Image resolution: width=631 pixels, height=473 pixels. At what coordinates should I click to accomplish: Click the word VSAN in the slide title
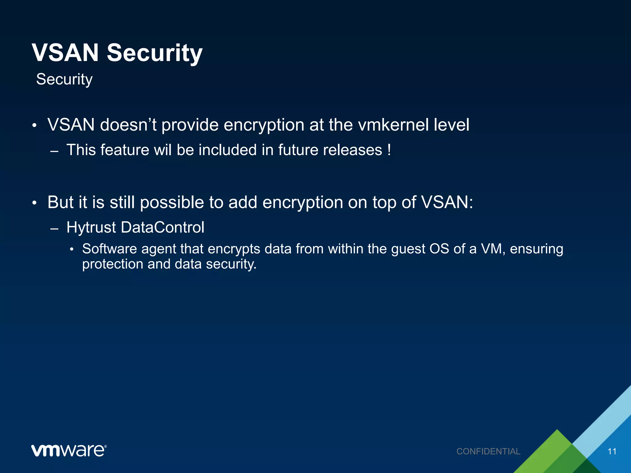[x=65, y=53]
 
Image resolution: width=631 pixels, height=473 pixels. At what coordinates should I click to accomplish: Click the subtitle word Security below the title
[x=64, y=79]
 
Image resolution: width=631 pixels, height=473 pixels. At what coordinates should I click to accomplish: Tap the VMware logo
[x=69, y=451]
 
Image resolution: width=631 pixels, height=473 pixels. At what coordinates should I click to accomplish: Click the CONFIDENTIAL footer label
[x=488, y=451]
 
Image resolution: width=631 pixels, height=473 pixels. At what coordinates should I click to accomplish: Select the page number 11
[x=612, y=451]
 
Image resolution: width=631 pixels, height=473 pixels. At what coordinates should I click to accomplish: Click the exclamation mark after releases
[x=389, y=150]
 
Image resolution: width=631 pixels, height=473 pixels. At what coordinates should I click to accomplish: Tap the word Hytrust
[x=91, y=228]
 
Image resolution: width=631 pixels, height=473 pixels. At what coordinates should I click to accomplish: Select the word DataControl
[x=162, y=228]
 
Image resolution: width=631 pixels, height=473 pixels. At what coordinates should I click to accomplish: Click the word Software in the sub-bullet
[x=109, y=249]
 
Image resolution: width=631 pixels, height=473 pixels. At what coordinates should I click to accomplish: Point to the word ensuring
[x=536, y=249]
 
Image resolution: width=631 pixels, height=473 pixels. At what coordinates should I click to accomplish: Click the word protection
[x=112, y=264]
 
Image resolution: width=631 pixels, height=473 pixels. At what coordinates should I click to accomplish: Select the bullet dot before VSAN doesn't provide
[x=35, y=126]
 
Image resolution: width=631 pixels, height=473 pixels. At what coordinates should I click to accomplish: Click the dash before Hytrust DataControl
[x=54, y=229]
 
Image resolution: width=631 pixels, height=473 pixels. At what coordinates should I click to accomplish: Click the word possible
[x=172, y=203]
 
